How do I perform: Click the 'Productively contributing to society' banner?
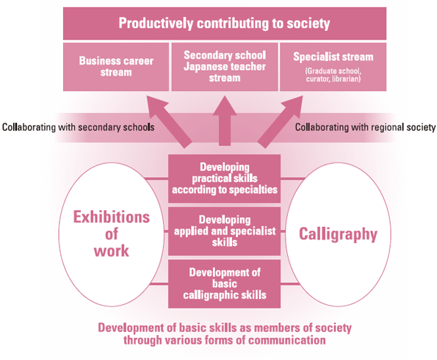225,24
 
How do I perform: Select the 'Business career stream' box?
116,67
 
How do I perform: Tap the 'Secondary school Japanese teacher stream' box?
225,67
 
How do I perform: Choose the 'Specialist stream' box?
333,67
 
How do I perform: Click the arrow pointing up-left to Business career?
170,121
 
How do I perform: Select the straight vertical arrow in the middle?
225,120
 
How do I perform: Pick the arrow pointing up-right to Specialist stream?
280,121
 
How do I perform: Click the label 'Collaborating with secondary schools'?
79,127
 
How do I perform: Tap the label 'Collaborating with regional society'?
365,127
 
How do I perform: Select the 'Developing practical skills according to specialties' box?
224,179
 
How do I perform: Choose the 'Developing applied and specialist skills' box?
224,231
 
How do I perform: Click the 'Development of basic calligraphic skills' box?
224,284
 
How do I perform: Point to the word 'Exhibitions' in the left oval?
112,217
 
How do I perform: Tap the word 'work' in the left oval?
112,251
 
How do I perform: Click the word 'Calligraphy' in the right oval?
338,234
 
